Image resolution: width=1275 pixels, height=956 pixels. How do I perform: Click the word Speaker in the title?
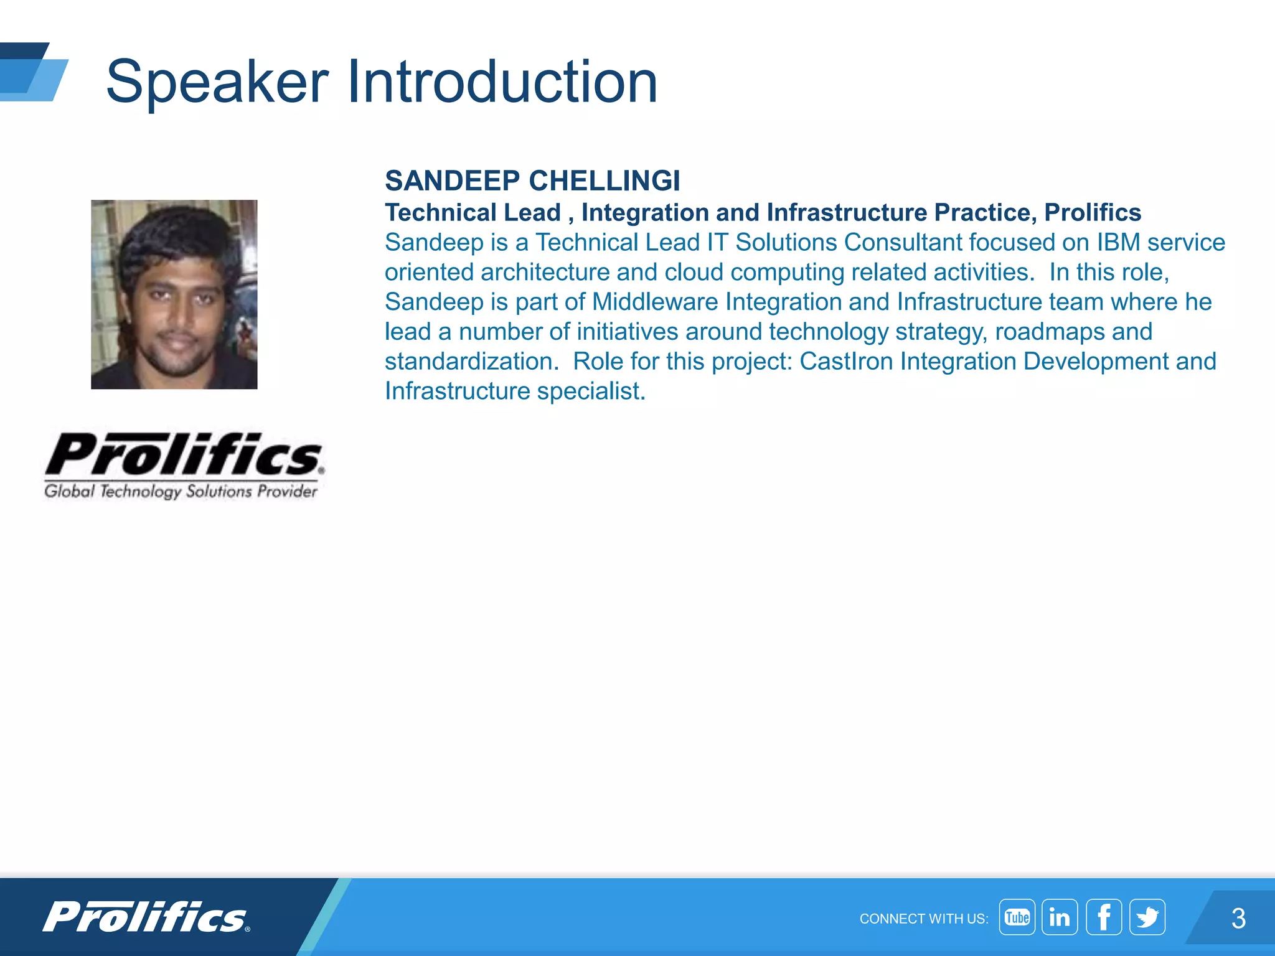click(217, 82)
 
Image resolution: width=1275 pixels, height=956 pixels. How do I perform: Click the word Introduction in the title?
click(502, 82)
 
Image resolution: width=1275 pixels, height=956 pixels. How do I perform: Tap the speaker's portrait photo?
click(174, 294)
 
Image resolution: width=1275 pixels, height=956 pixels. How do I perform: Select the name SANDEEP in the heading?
click(452, 181)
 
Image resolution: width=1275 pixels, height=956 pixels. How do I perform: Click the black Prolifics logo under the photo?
click(184, 455)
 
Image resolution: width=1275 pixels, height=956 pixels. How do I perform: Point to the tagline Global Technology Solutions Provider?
click(181, 492)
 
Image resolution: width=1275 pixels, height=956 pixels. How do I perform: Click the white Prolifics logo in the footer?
click(146, 917)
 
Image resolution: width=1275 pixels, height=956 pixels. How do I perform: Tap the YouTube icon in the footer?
click(1017, 917)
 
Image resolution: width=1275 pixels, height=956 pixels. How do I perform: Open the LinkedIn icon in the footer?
click(1060, 917)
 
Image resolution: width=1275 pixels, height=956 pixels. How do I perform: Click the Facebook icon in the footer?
click(1104, 917)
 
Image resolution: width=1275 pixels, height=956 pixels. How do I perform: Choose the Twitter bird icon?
click(1147, 917)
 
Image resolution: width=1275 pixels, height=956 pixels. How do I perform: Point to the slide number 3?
click(1238, 919)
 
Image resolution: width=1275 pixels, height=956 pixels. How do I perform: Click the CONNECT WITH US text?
click(923, 919)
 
